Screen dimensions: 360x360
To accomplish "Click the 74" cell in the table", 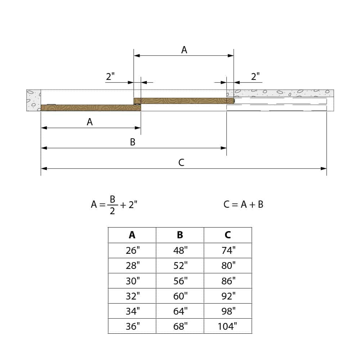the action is click(228, 250).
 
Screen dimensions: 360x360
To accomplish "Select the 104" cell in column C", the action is click(228, 326).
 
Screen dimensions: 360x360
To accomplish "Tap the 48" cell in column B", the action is click(180, 250).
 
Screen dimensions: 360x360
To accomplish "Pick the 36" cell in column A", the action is click(132, 326).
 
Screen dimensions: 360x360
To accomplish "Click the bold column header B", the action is click(180, 235).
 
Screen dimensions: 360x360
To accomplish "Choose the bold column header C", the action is click(228, 235).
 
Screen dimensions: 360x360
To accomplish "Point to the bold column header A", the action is click(132, 235).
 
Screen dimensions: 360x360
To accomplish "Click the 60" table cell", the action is click(180, 296).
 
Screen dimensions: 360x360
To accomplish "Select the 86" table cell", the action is click(228, 281).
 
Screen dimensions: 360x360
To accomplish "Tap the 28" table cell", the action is click(132, 265).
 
